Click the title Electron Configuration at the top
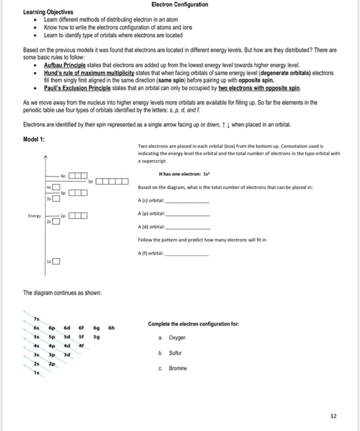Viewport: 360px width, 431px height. [180, 4]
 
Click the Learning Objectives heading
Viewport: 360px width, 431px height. [48, 12]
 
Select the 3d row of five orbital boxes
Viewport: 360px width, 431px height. [112, 181]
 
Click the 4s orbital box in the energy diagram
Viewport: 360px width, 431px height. [55, 187]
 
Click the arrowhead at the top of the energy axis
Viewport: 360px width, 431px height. [44, 158]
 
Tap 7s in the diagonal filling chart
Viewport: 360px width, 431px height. [36, 319]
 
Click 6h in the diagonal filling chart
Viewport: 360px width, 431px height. [111, 328]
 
